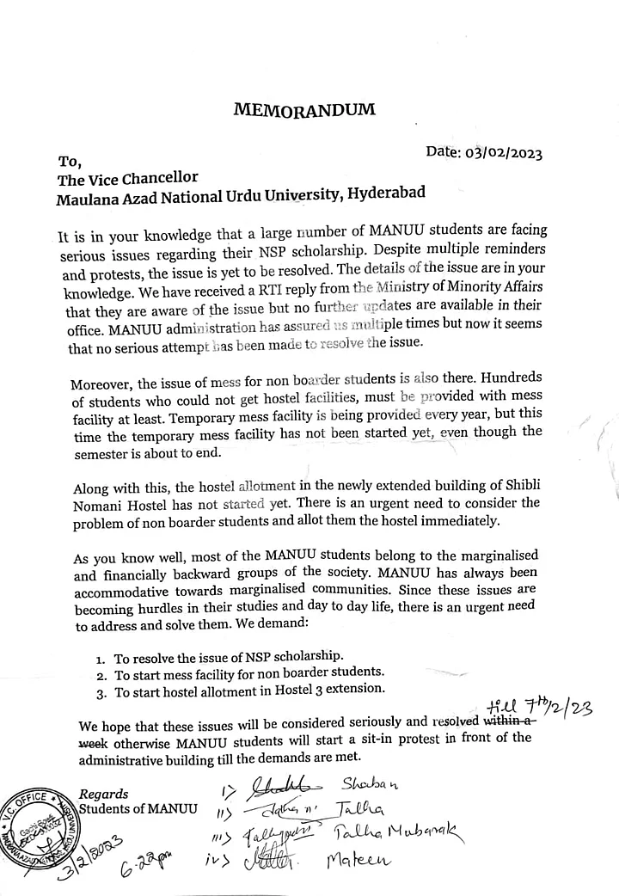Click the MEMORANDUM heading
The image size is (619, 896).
pos(304,109)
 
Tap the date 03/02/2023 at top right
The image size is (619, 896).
pos(483,154)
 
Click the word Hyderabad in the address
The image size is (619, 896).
pos(385,193)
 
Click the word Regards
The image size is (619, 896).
pos(104,794)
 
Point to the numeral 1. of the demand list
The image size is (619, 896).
pos(101,658)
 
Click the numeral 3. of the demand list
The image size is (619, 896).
pos(101,690)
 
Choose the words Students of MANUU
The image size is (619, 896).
pos(138,808)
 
